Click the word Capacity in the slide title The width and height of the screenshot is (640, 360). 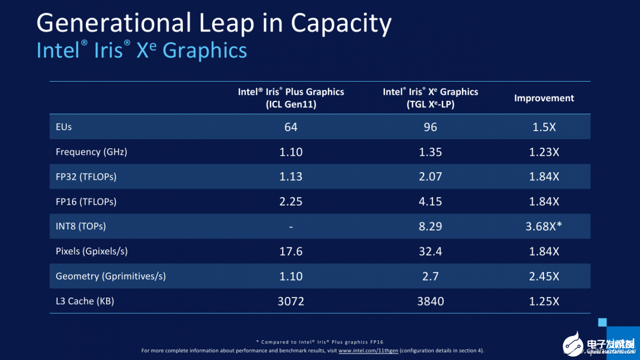[341, 23]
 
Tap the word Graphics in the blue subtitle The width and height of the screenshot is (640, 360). [205, 51]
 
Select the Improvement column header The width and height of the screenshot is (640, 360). [543, 98]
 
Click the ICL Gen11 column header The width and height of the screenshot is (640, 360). [291, 98]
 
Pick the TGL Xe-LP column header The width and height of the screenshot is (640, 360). [430, 98]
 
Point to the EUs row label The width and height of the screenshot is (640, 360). [63, 127]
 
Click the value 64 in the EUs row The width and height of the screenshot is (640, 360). [291, 127]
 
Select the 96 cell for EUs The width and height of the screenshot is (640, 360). [430, 127]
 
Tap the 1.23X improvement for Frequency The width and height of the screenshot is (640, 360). [544, 152]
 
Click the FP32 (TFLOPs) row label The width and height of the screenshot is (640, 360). [86, 177]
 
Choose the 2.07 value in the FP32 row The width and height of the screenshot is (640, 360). [430, 177]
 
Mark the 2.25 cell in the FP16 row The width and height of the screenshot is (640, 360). [291, 202]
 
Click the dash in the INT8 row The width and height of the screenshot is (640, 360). [291, 227]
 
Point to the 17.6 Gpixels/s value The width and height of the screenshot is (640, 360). [291, 251]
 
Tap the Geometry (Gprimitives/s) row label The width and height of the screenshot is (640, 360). [111, 276]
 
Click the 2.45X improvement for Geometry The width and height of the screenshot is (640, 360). [544, 276]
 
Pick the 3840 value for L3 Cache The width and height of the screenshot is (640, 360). [430, 301]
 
